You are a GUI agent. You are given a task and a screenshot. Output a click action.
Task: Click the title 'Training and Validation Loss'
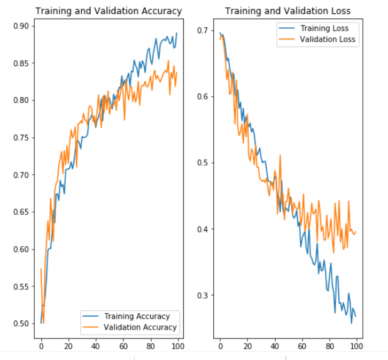(288, 11)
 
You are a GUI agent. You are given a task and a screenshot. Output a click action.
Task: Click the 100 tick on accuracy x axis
(177, 346)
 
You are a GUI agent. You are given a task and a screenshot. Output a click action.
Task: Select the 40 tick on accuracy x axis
(96, 346)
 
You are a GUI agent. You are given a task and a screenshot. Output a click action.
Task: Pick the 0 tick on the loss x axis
(220, 346)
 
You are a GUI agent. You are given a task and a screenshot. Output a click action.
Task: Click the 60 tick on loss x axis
(301, 346)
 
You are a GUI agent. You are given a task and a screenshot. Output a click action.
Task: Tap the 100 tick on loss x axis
(356, 346)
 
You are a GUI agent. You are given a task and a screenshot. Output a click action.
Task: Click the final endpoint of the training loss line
(355, 316)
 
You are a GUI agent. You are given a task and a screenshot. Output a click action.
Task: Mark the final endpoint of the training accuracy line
(176, 33)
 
